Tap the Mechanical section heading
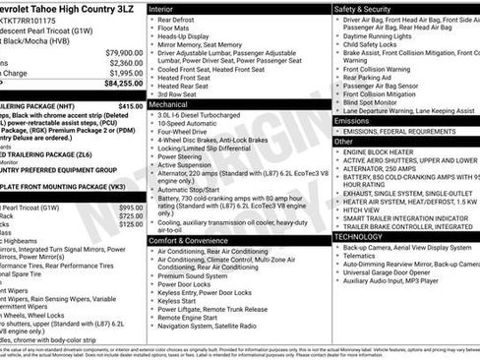click(168, 102)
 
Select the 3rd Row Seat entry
click(179, 92)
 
